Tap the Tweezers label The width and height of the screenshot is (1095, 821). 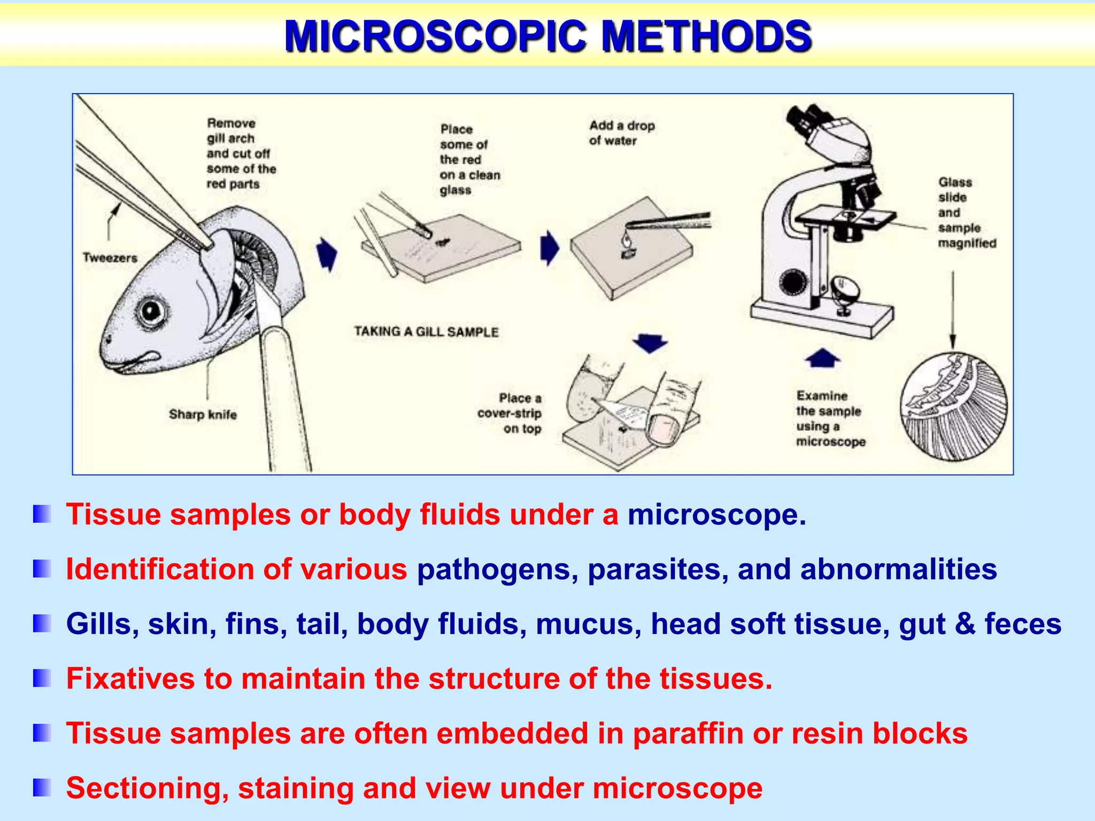(x=110, y=258)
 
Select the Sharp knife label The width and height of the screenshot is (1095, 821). (x=203, y=414)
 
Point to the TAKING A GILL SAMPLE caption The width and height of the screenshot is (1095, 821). (x=426, y=332)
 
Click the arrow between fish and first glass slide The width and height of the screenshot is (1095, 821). (x=327, y=253)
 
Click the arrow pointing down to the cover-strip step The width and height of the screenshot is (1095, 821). (x=650, y=344)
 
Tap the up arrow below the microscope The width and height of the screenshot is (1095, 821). (x=822, y=358)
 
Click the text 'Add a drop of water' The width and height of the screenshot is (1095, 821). (x=621, y=133)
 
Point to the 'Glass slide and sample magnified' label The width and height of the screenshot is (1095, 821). (x=967, y=213)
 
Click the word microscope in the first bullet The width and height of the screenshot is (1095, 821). (x=716, y=515)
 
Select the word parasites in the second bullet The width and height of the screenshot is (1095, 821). (x=658, y=569)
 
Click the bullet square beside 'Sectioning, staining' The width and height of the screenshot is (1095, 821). (x=42, y=788)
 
